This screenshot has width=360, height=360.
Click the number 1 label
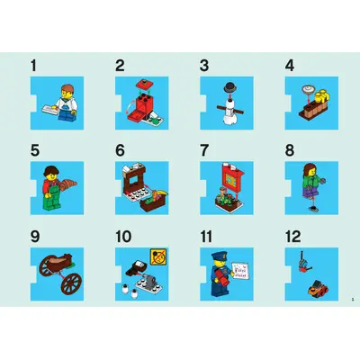(x=34, y=65)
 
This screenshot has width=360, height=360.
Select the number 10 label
(x=123, y=237)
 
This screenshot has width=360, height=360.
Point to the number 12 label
(x=292, y=237)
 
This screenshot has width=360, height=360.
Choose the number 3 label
(x=204, y=65)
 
